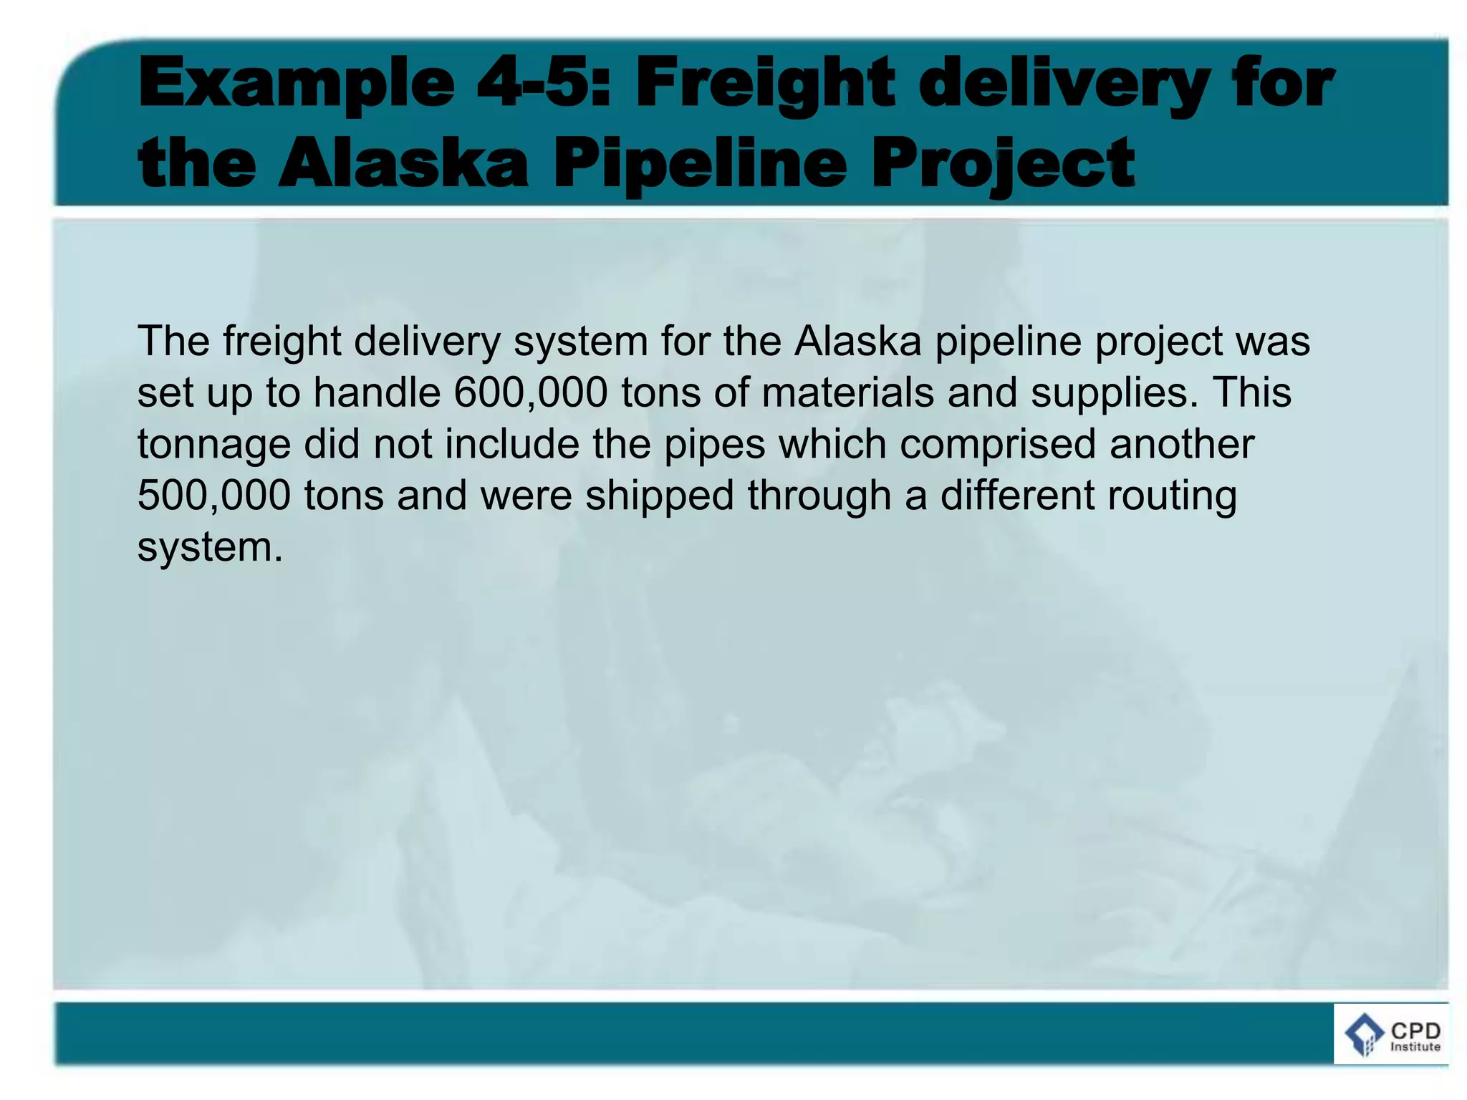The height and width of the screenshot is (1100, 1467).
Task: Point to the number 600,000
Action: [x=531, y=392]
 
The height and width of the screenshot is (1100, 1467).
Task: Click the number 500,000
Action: [x=214, y=495]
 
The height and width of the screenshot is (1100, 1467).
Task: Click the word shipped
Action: [x=660, y=496]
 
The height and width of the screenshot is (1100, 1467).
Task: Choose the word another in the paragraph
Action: [x=1182, y=444]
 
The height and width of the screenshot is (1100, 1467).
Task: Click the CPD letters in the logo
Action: [x=1415, y=1031]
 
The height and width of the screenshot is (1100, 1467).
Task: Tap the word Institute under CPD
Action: [x=1415, y=1047]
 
